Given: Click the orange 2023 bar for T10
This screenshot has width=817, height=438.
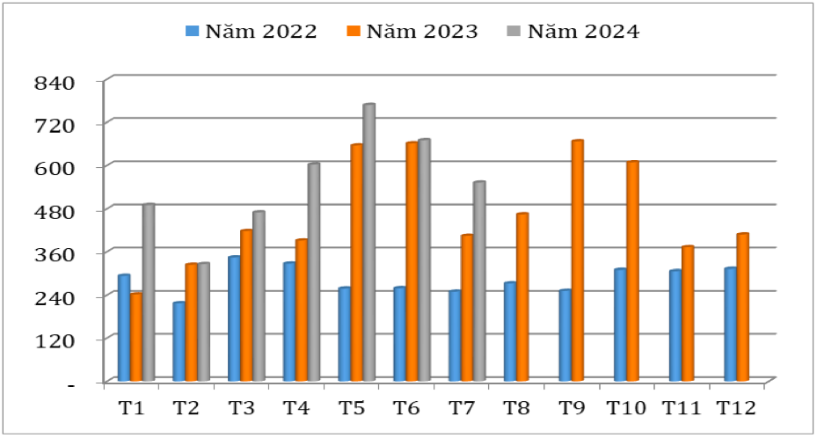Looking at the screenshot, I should coord(631,272).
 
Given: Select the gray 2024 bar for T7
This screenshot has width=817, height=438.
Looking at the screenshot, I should coord(479,281).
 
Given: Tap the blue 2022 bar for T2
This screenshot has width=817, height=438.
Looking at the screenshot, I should coord(179,342).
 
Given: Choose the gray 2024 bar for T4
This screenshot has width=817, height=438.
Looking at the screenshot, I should coord(313,273).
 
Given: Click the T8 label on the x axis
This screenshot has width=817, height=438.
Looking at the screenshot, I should coord(516,408).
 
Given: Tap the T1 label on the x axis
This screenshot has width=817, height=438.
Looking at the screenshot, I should coord(132,408).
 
